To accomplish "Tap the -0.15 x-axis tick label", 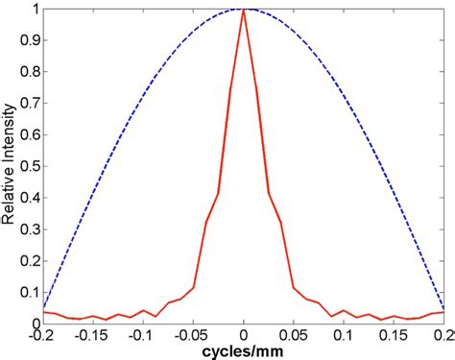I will [91, 335].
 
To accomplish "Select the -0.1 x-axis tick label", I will [142, 335].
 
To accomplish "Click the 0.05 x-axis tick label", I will [295, 335].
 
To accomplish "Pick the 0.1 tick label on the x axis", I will [345, 335].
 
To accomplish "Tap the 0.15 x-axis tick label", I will [395, 335].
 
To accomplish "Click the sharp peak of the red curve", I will [244, 12].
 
